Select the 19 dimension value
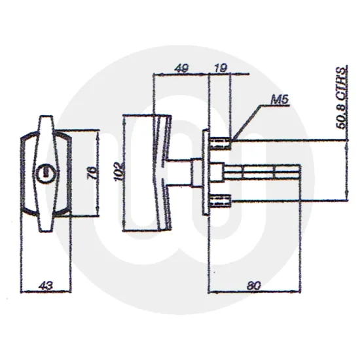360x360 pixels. point(221,67)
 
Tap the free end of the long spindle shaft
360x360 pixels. point(298,172)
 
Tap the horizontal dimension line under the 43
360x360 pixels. point(45,292)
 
